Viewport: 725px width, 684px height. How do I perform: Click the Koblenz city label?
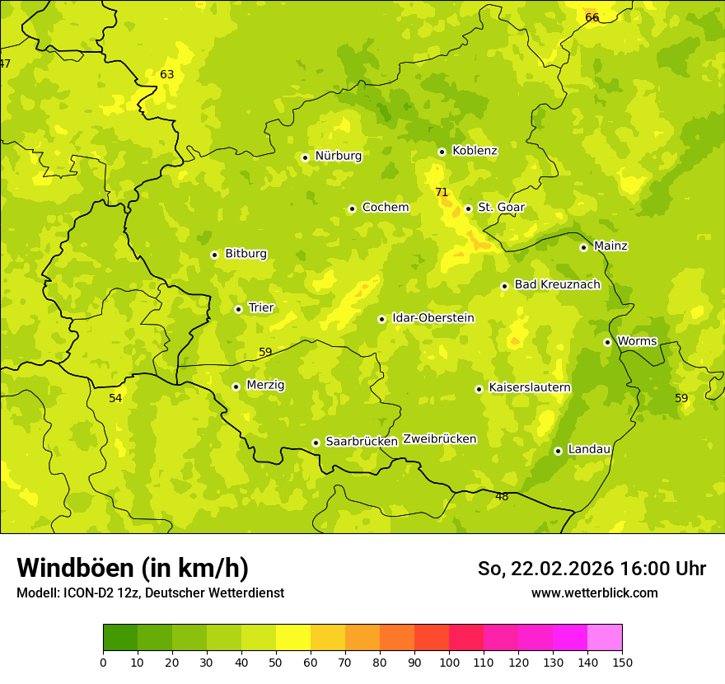[475, 151]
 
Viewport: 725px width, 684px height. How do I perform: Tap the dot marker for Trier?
[238, 309]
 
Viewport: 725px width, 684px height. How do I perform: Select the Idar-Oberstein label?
[433, 318]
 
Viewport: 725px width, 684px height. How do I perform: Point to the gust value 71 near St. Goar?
[442, 193]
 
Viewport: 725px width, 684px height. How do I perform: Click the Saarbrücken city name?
[362, 442]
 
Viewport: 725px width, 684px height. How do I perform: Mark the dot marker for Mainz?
[583, 247]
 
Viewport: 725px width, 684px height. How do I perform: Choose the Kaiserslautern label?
[530, 388]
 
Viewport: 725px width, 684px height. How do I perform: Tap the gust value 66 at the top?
[592, 18]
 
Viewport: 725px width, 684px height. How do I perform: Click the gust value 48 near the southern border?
[502, 497]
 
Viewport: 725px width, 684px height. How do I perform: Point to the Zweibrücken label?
[439, 439]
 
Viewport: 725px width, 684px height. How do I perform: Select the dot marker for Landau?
[558, 451]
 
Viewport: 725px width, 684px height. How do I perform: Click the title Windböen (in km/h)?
[133, 568]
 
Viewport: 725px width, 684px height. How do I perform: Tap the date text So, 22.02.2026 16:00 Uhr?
[592, 569]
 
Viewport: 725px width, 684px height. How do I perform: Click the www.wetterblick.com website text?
[594, 593]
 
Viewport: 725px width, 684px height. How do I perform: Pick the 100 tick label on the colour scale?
[449, 662]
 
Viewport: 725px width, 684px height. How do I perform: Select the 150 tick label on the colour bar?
[622, 662]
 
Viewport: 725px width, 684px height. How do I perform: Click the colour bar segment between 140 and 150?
[605, 638]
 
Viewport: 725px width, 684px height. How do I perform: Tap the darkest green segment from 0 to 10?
[120, 638]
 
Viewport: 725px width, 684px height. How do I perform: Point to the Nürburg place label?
[338, 156]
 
